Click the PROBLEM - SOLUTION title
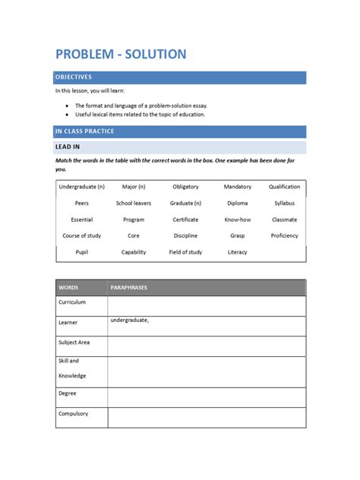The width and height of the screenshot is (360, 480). coord(120,54)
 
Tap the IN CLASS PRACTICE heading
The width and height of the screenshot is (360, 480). coord(85,131)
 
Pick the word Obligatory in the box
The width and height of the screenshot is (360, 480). coord(185,187)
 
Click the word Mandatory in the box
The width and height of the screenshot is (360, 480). coord(237,187)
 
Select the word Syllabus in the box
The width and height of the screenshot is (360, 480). coord(285,204)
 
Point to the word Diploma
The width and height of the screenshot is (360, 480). coord(237,204)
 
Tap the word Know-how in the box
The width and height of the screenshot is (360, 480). coord(237,219)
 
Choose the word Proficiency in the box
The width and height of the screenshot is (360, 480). coord(285,235)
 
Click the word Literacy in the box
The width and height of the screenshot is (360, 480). coord(237,252)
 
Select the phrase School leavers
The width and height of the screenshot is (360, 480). coord(134,204)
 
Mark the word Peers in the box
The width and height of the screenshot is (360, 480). coord(82,204)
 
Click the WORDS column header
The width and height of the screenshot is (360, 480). coord(68,288)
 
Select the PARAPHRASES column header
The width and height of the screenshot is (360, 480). coord(128,288)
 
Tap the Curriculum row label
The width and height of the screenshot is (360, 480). coord(72,302)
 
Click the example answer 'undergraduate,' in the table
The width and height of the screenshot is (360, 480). coord(129,320)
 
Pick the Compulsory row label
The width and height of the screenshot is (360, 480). coord(73,414)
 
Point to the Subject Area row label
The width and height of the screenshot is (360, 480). coord(74,343)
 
